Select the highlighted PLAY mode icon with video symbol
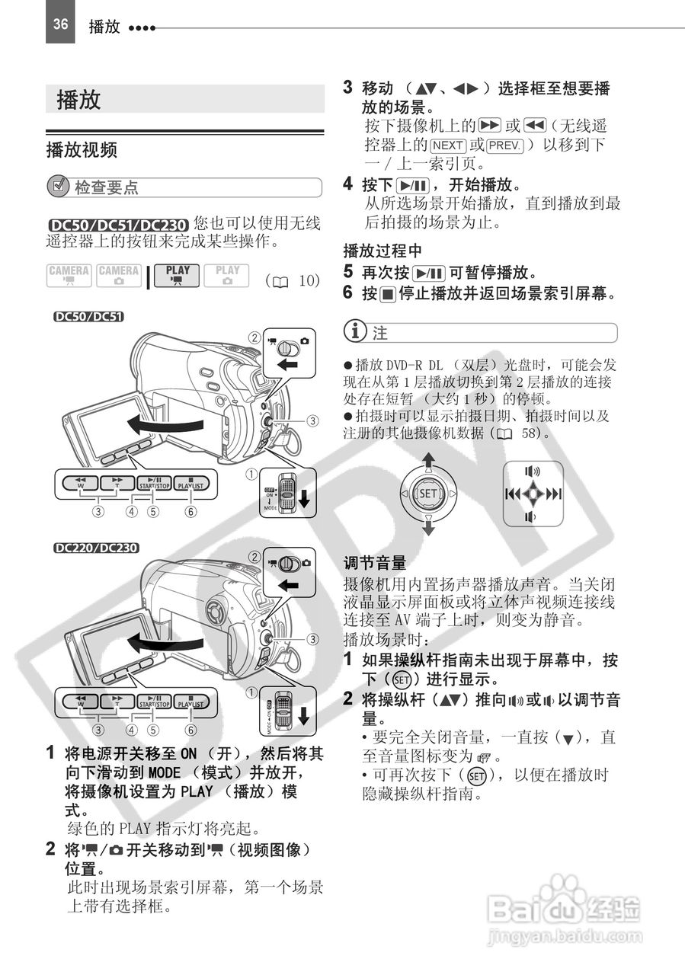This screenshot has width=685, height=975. point(178,276)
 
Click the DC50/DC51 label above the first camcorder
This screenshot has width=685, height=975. point(88,317)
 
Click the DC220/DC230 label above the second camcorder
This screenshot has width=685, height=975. point(96,548)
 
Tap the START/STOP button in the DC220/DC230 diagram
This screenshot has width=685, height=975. point(154,702)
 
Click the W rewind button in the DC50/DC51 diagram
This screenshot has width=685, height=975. point(81,483)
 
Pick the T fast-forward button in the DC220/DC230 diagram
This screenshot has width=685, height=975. point(117,702)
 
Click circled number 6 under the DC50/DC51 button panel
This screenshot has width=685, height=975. point(191,511)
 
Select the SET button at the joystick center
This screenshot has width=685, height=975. point(427,494)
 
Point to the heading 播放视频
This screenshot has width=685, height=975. point(82,150)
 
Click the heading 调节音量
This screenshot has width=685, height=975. point(375,563)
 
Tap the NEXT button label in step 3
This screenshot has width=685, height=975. point(448,145)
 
